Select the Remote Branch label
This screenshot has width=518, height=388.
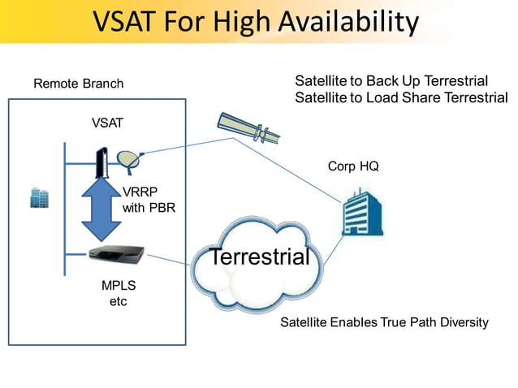(78, 84)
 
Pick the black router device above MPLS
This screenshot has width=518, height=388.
(119, 255)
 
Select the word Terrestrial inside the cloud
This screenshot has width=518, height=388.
(260, 258)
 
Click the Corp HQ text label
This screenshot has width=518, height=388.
(353, 166)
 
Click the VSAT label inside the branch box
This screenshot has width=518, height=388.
(107, 123)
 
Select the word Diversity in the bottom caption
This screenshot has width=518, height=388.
(460, 322)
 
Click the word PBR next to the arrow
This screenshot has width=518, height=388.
(162, 208)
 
